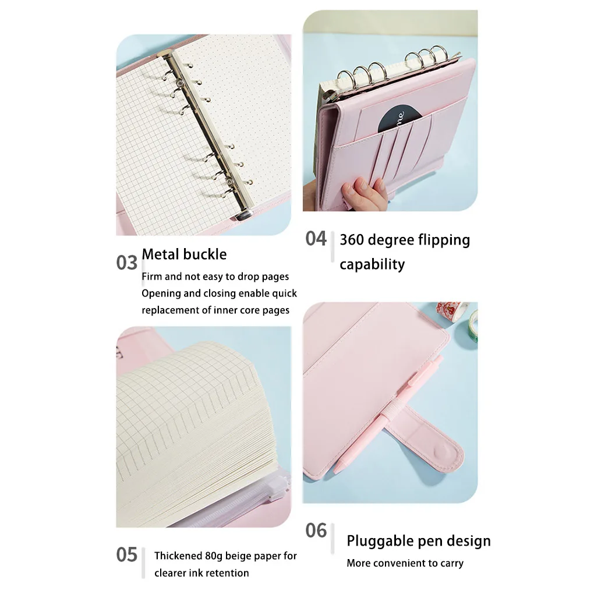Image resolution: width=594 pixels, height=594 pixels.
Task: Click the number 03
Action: coord(126,263)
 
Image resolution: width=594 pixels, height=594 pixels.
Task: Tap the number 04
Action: coord(316,238)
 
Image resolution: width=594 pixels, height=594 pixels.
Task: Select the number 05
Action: coord(126,555)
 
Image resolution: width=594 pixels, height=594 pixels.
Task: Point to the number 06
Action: coord(316,531)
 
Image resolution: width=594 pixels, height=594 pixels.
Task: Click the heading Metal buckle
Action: coord(184,254)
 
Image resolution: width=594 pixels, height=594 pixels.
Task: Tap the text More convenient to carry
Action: coord(405,563)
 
